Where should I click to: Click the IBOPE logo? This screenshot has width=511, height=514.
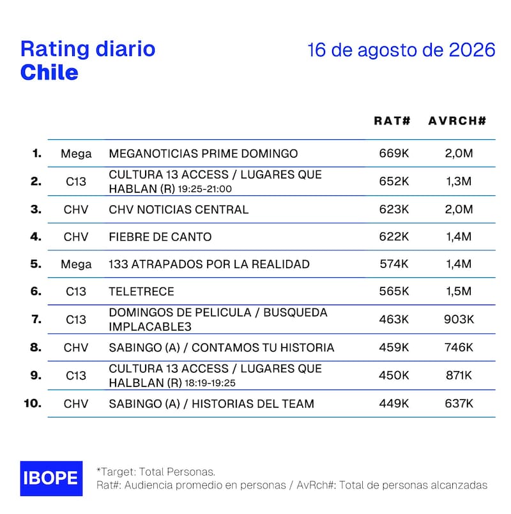tap(51, 478)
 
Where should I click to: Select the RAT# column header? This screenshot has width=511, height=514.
tap(392, 121)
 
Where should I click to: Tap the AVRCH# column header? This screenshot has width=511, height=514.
tap(457, 121)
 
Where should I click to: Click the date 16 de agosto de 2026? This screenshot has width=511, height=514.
tap(401, 50)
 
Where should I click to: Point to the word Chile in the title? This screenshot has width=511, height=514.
tap(50, 72)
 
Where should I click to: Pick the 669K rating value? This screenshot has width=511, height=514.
tap(394, 153)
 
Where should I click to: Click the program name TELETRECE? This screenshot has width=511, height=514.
tap(141, 291)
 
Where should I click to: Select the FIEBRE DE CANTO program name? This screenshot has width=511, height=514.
tap(160, 237)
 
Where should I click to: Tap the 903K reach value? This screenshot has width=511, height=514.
tap(459, 319)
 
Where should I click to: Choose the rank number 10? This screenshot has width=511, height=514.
tap(33, 403)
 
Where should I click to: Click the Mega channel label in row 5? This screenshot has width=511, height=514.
tap(76, 264)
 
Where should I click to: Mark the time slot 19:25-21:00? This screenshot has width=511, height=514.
tap(204, 189)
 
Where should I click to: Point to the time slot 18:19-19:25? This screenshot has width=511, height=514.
tap(210, 383)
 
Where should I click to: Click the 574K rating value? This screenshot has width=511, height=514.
tap(394, 264)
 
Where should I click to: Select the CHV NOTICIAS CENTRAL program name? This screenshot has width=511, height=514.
tap(179, 209)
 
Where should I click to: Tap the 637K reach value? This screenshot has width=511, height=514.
tap(459, 404)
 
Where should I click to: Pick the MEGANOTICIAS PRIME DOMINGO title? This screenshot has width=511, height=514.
tap(203, 153)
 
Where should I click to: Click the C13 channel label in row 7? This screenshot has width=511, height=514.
tap(76, 320)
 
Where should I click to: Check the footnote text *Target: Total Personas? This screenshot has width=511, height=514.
tap(156, 472)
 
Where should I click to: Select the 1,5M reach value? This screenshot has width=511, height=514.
tap(459, 291)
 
